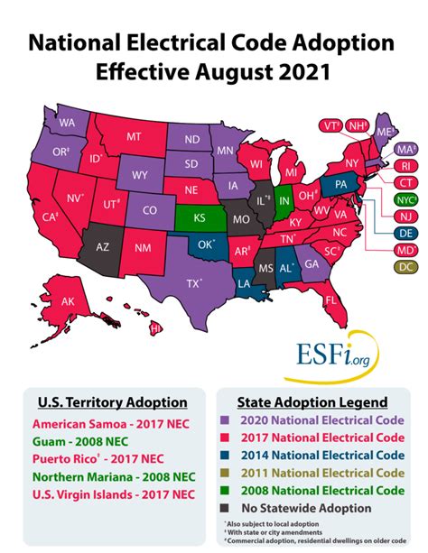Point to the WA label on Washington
click(x=67, y=123)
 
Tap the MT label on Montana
click(x=134, y=137)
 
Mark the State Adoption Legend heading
click(x=312, y=401)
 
